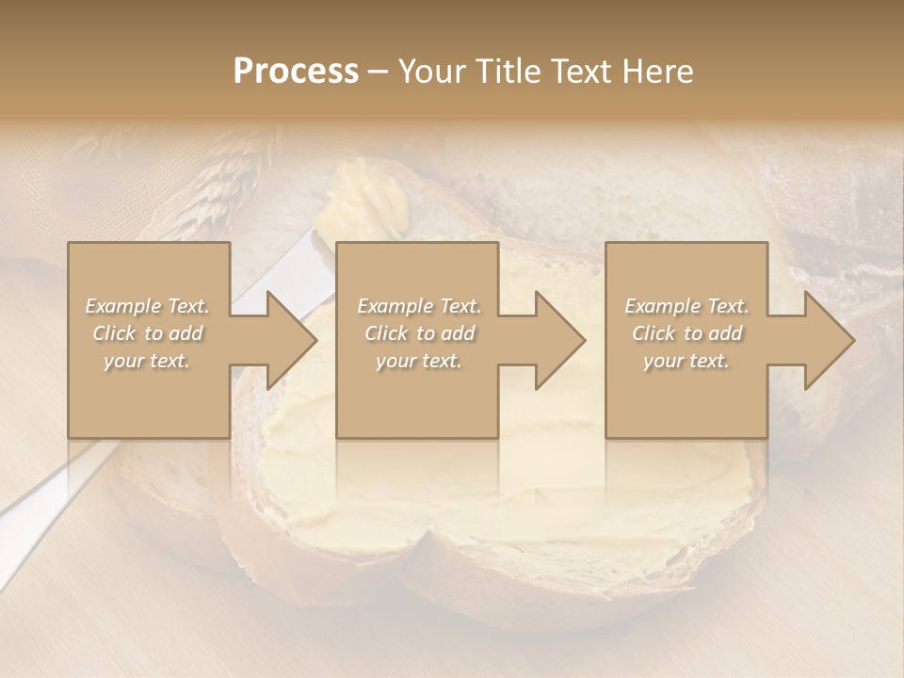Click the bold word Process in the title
pyautogui.click(x=296, y=71)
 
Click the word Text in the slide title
pyautogui.click(x=583, y=71)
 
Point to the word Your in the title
pyautogui.click(x=432, y=71)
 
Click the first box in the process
pyautogui.click(x=149, y=395)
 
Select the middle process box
pyautogui.click(x=417, y=395)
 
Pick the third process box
pyautogui.click(x=686, y=395)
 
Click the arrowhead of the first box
pyautogui.click(x=288, y=340)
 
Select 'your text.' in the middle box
pyautogui.click(x=418, y=361)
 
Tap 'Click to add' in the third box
pyautogui.click(x=686, y=333)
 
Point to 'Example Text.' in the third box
pyautogui.click(x=686, y=306)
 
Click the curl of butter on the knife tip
pyautogui.click(x=363, y=198)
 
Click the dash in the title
pyautogui.click(x=379, y=73)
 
